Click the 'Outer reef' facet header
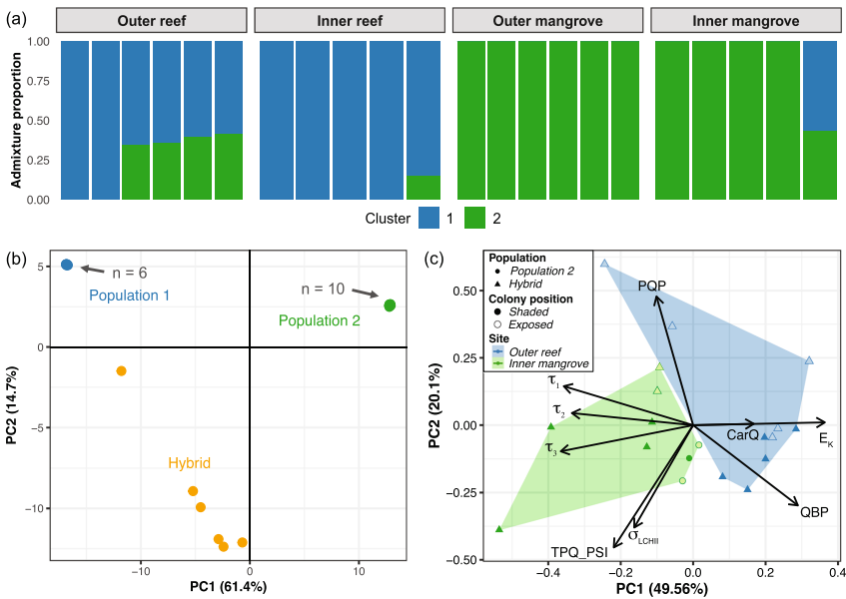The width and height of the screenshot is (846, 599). pyautogui.click(x=150, y=21)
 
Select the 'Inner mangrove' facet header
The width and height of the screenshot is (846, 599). pyautogui.click(x=743, y=21)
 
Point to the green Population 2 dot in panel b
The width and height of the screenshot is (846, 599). pyautogui.click(x=390, y=305)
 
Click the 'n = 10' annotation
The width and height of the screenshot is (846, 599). pyautogui.click(x=323, y=289)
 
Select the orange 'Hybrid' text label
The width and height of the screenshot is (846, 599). pyautogui.click(x=189, y=463)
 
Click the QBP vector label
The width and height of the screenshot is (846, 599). pyautogui.click(x=814, y=512)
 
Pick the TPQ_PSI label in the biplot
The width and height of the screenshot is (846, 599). pyautogui.click(x=579, y=551)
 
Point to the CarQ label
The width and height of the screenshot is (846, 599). pyautogui.click(x=742, y=434)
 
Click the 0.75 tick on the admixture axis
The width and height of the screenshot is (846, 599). pyautogui.click(x=36, y=81)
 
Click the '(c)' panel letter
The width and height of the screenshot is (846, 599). pyautogui.click(x=433, y=258)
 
